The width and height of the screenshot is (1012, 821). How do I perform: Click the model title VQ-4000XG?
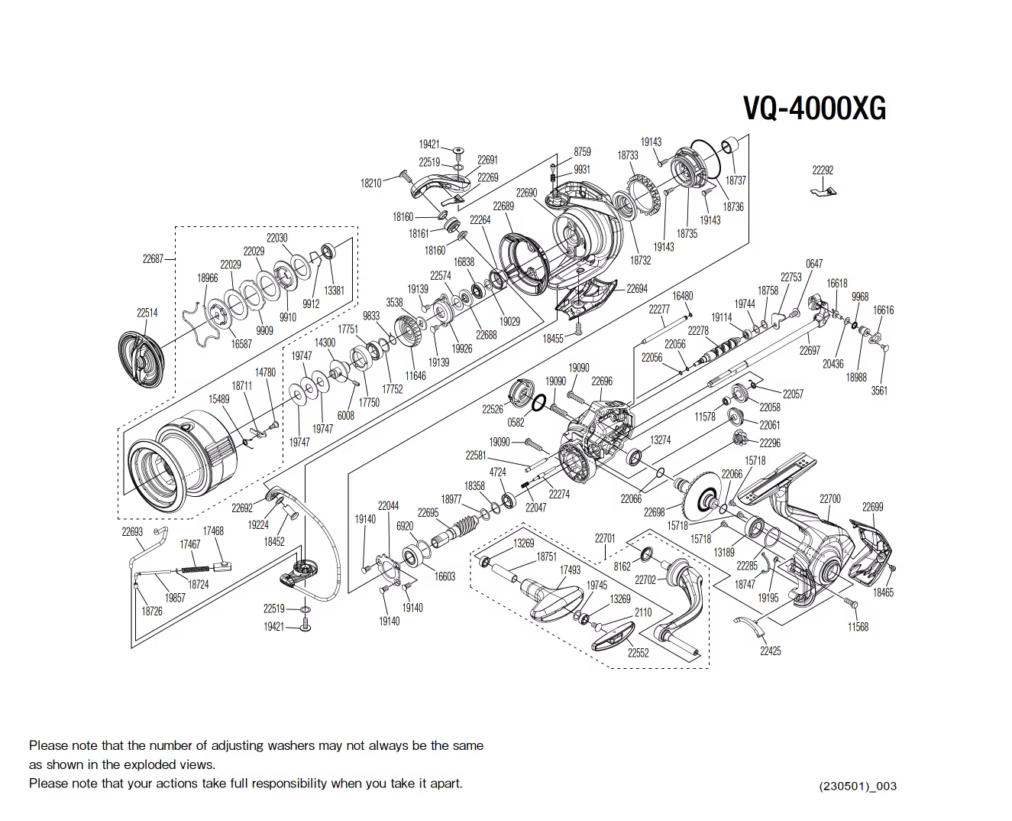tap(814, 109)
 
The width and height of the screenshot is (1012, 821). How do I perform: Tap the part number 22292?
tap(823, 170)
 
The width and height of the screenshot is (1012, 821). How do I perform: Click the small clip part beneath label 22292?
tap(823, 192)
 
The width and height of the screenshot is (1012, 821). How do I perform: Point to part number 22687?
tap(153, 259)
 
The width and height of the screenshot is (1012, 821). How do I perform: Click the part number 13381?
tap(334, 290)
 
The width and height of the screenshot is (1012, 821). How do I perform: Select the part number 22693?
tap(132, 531)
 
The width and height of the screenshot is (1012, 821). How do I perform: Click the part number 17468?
tap(213, 531)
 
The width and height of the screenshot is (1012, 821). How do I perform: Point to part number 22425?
tap(770, 651)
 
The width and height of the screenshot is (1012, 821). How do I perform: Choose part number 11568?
tap(858, 627)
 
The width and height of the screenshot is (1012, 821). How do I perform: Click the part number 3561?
tap(879, 391)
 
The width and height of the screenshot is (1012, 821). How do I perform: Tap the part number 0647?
tap(814, 264)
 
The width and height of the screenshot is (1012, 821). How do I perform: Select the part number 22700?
tap(830, 499)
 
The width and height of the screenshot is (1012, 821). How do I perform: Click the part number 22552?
tap(638, 653)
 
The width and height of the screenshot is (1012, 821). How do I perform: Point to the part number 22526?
tap(493, 410)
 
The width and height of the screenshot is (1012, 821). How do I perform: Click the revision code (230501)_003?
tap(858, 786)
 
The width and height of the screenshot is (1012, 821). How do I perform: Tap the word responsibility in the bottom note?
tap(289, 784)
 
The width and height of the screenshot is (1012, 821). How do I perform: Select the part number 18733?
tap(628, 155)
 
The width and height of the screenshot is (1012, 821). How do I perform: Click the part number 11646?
tap(415, 376)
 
